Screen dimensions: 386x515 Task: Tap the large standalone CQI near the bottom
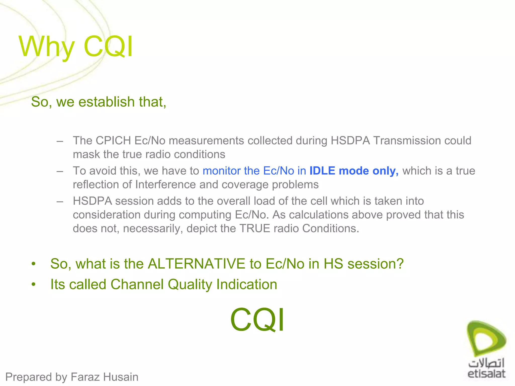(257, 320)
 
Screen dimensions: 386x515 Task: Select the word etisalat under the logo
(486, 374)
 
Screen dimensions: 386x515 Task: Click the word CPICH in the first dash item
(113, 140)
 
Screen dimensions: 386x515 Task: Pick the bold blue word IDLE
(322, 171)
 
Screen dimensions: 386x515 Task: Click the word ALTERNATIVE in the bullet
(196, 264)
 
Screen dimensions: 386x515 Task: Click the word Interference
(165, 185)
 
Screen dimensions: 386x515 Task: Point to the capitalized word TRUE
(254, 228)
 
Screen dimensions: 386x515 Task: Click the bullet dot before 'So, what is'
(33, 264)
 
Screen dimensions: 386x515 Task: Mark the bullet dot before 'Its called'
(33, 285)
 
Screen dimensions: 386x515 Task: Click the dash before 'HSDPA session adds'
(60, 201)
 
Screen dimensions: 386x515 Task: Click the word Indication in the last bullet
(247, 284)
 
